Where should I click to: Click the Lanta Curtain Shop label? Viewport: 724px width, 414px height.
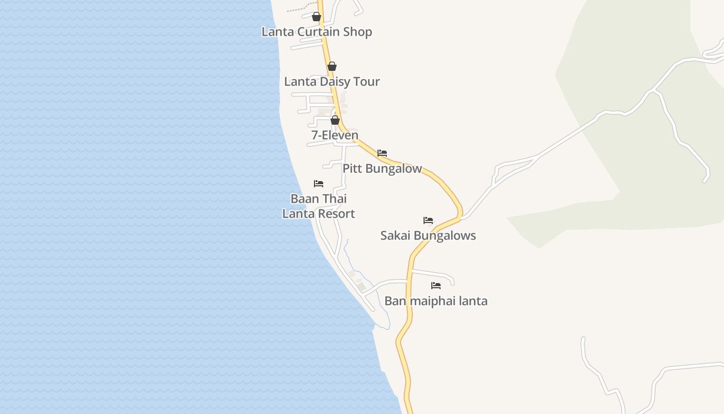click(x=316, y=32)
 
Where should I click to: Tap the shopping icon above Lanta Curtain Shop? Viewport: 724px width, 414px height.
click(x=316, y=17)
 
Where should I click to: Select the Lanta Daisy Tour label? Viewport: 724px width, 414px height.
click(x=332, y=82)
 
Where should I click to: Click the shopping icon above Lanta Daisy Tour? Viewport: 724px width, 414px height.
click(x=332, y=66)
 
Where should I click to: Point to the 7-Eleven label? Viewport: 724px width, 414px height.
click(x=335, y=136)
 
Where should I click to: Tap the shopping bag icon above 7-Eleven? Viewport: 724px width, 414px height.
click(x=335, y=120)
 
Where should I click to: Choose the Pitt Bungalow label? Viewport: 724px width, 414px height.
click(x=382, y=169)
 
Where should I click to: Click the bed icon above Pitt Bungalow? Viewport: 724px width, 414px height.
click(x=382, y=153)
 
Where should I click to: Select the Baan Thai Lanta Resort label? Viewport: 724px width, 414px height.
click(x=319, y=206)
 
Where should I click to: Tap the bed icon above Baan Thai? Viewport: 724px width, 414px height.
click(x=319, y=184)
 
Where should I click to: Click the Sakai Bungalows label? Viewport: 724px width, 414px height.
click(x=428, y=236)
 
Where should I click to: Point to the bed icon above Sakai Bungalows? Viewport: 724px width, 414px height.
click(x=428, y=220)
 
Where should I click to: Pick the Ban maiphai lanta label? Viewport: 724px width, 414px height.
click(x=436, y=301)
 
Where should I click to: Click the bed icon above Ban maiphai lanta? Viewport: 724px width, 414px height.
click(x=436, y=286)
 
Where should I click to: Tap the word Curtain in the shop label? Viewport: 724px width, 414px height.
click(x=320, y=32)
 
